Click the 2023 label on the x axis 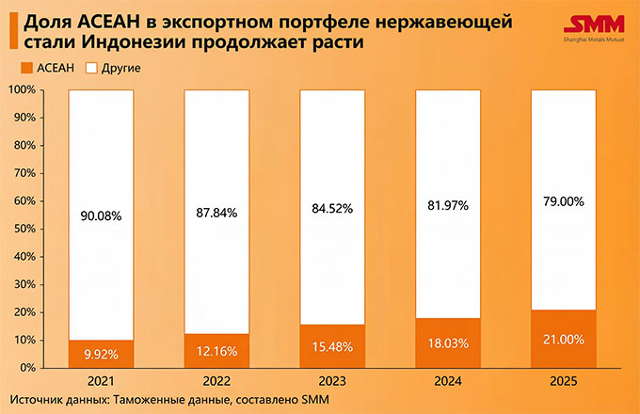[332, 383]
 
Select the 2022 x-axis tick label [216, 383]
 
